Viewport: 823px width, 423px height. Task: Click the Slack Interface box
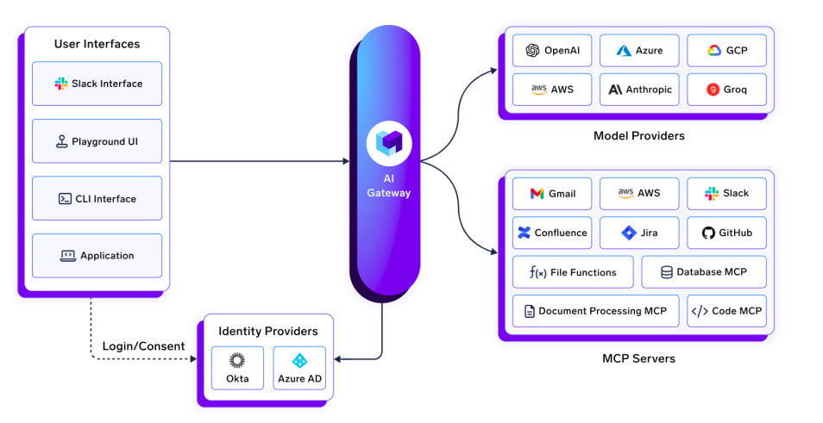(97, 84)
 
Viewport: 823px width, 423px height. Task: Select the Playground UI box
(97, 141)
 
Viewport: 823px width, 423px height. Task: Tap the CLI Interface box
(97, 199)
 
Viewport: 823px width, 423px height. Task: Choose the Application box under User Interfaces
(97, 256)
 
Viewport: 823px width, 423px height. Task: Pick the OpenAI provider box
(552, 51)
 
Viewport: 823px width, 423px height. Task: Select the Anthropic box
(639, 90)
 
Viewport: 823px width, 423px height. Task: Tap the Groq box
(726, 90)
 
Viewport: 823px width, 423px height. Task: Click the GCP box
(726, 51)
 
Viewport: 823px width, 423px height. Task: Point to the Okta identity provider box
(237, 368)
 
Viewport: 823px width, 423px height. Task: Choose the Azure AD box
(299, 368)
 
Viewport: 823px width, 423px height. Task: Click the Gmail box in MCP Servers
(552, 194)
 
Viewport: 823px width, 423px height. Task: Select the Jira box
(639, 233)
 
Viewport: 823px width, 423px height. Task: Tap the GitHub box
(726, 233)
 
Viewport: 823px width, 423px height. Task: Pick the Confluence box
(552, 233)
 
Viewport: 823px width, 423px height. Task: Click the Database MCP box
(703, 272)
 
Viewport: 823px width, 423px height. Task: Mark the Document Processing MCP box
(595, 311)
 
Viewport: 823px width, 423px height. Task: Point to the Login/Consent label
(144, 346)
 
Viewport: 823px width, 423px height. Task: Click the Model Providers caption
(638, 136)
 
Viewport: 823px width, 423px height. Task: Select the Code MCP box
(726, 311)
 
